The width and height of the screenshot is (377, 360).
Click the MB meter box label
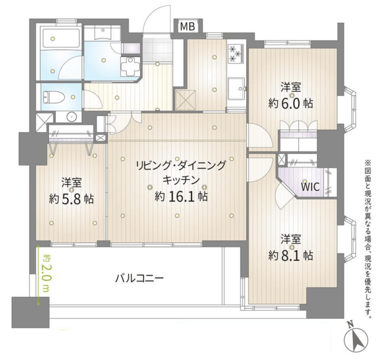pyautogui.click(x=187, y=26)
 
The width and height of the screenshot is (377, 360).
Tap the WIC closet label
pyautogui.click(x=310, y=186)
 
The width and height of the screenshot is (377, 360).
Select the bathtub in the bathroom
pyautogui.click(x=61, y=38)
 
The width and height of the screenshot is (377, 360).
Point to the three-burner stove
pyautogui.click(x=236, y=54)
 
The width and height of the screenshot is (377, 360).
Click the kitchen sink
pyautogui.click(x=237, y=88)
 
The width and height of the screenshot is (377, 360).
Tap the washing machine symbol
pyautogui.click(x=130, y=65)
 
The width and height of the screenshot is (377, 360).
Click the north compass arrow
pyautogui.click(x=356, y=340)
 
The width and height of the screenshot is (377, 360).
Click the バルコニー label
pyautogui.click(x=140, y=279)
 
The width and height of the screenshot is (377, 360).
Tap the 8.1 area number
pyautogui.click(x=290, y=256)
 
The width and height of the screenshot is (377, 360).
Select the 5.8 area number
pyautogui.click(x=71, y=199)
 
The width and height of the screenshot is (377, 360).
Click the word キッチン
pyautogui.click(x=181, y=180)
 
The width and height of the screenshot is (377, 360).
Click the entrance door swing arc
pyautogui.click(x=152, y=18)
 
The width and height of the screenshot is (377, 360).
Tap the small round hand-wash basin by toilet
pyautogui.click(x=71, y=117)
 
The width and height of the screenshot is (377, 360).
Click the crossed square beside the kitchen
pyautogui.click(x=186, y=100)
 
